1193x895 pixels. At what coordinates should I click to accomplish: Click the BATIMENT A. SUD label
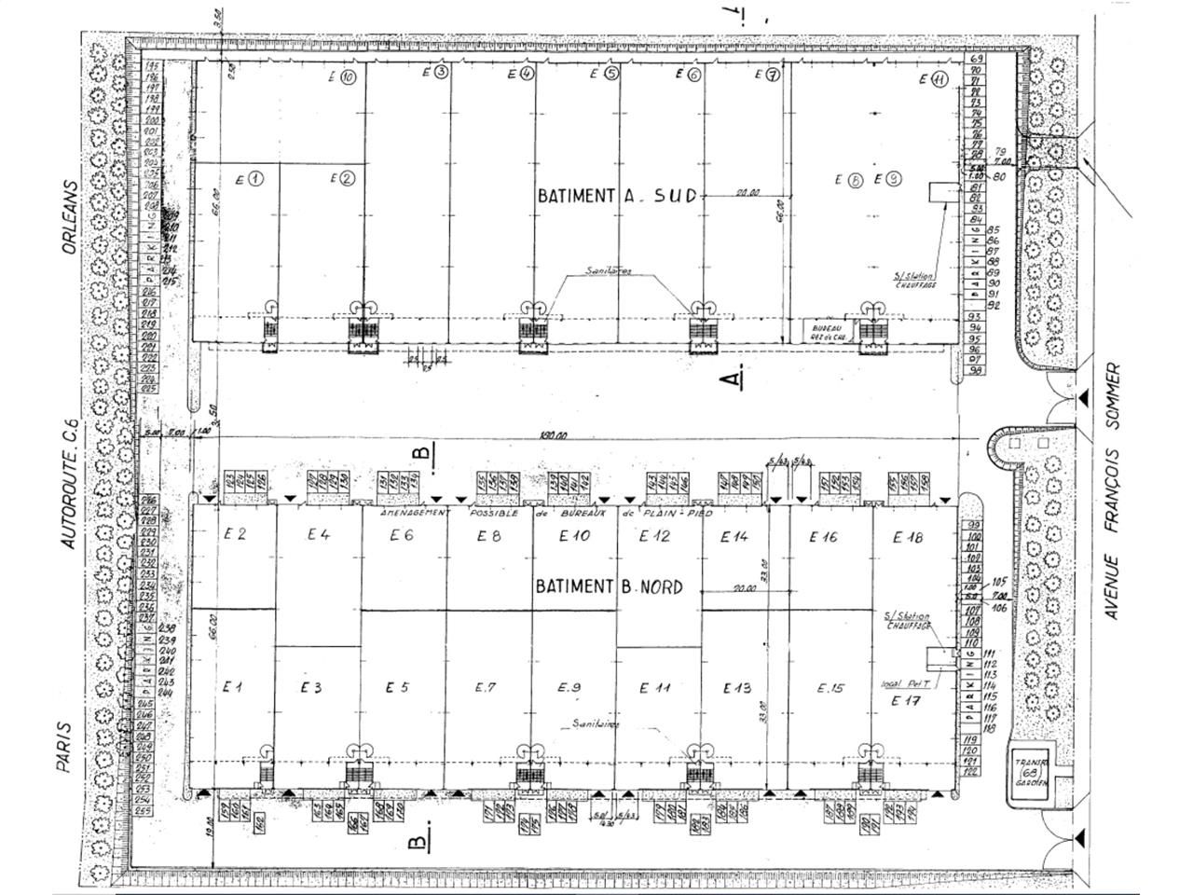click(x=616, y=195)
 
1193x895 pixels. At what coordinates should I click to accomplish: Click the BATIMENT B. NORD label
click(x=609, y=586)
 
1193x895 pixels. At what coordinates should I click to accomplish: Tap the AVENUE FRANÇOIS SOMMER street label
click(x=1111, y=491)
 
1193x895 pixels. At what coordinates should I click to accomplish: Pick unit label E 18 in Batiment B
click(x=907, y=536)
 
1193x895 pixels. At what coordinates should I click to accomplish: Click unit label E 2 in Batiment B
click(x=234, y=534)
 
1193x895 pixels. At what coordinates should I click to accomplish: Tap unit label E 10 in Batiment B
click(x=574, y=535)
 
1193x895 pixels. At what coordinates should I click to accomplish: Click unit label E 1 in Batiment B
click(x=233, y=687)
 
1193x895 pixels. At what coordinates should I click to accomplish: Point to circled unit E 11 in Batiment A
click(x=933, y=80)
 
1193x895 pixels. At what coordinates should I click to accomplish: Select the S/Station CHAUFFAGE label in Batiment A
click(x=914, y=281)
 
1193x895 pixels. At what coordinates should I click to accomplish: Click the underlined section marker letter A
click(x=734, y=378)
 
